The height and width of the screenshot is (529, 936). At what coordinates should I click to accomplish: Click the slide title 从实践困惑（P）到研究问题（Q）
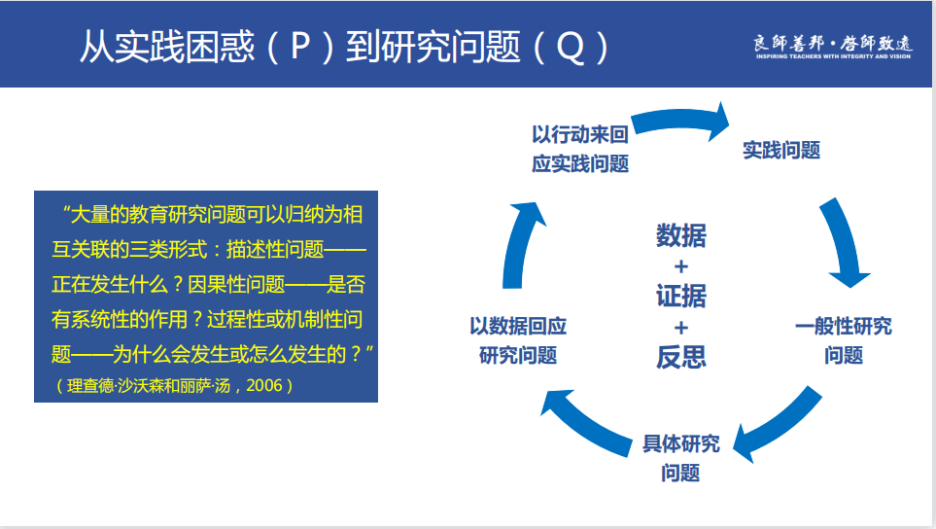pyautogui.click(x=345, y=48)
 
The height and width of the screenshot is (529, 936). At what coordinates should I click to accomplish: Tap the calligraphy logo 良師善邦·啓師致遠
pyautogui.click(x=833, y=43)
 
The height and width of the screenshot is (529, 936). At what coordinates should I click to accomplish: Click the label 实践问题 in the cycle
pyautogui.click(x=781, y=150)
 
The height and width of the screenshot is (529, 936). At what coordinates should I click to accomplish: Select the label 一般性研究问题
pyautogui.click(x=843, y=340)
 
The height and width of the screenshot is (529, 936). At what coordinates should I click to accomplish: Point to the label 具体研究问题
pyautogui.click(x=680, y=459)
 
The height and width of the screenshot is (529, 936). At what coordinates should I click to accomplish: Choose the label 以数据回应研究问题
pyautogui.click(x=517, y=340)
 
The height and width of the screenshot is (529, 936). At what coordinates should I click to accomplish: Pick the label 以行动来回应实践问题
pyautogui.click(x=579, y=150)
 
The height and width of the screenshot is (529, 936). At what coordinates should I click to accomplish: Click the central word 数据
pyautogui.click(x=680, y=235)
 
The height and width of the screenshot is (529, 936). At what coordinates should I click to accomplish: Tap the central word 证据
pyautogui.click(x=680, y=297)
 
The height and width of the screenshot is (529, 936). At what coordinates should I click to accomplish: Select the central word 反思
pyautogui.click(x=680, y=356)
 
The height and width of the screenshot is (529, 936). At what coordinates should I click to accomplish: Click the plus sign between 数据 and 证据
pyautogui.click(x=680, y=265)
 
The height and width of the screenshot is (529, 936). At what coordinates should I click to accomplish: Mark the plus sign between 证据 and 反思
pyautogui.click(x=680, y=327)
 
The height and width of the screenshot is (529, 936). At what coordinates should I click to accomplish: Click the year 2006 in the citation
pyautogui.click(x=265, y=386)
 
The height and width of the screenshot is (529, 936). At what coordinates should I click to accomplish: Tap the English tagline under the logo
pyautogui.click(x=833, y=56)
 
